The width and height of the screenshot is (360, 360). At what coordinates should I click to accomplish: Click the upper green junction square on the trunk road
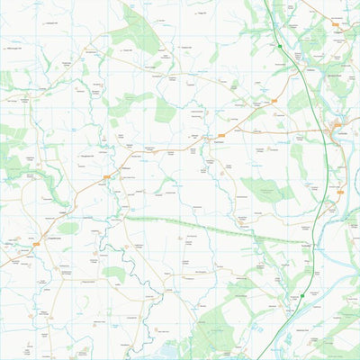pyautogui.click(x=280, y=45)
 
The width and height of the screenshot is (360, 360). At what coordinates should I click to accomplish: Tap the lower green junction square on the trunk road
pyautogui.click(x=302, y=295)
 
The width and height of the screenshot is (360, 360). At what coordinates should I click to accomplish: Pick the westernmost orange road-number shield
pyautogui.click(x=36, y=243)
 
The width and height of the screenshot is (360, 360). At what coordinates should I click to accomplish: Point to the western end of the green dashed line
pyautogui.click(x=123, y=217)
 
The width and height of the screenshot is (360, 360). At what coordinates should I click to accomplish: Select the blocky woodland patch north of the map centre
pyautogui.click(x=165, y=110)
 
